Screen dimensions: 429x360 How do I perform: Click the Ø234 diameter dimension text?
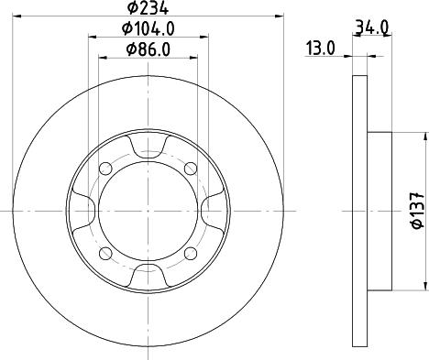(148, 8)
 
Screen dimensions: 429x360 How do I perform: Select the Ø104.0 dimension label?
(148, 29)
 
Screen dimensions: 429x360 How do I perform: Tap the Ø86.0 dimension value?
(148, 49)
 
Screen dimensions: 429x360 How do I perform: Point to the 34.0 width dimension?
(371, 27)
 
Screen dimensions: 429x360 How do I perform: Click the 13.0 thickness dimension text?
(320, 49)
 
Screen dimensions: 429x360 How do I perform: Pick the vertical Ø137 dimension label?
(418, 211)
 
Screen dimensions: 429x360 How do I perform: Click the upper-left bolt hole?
(105, 169)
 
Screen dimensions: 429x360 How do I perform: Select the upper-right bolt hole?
(191, 169)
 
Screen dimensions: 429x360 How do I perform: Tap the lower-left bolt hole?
(105, 253)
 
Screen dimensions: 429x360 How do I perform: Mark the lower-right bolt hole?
(191, 253)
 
